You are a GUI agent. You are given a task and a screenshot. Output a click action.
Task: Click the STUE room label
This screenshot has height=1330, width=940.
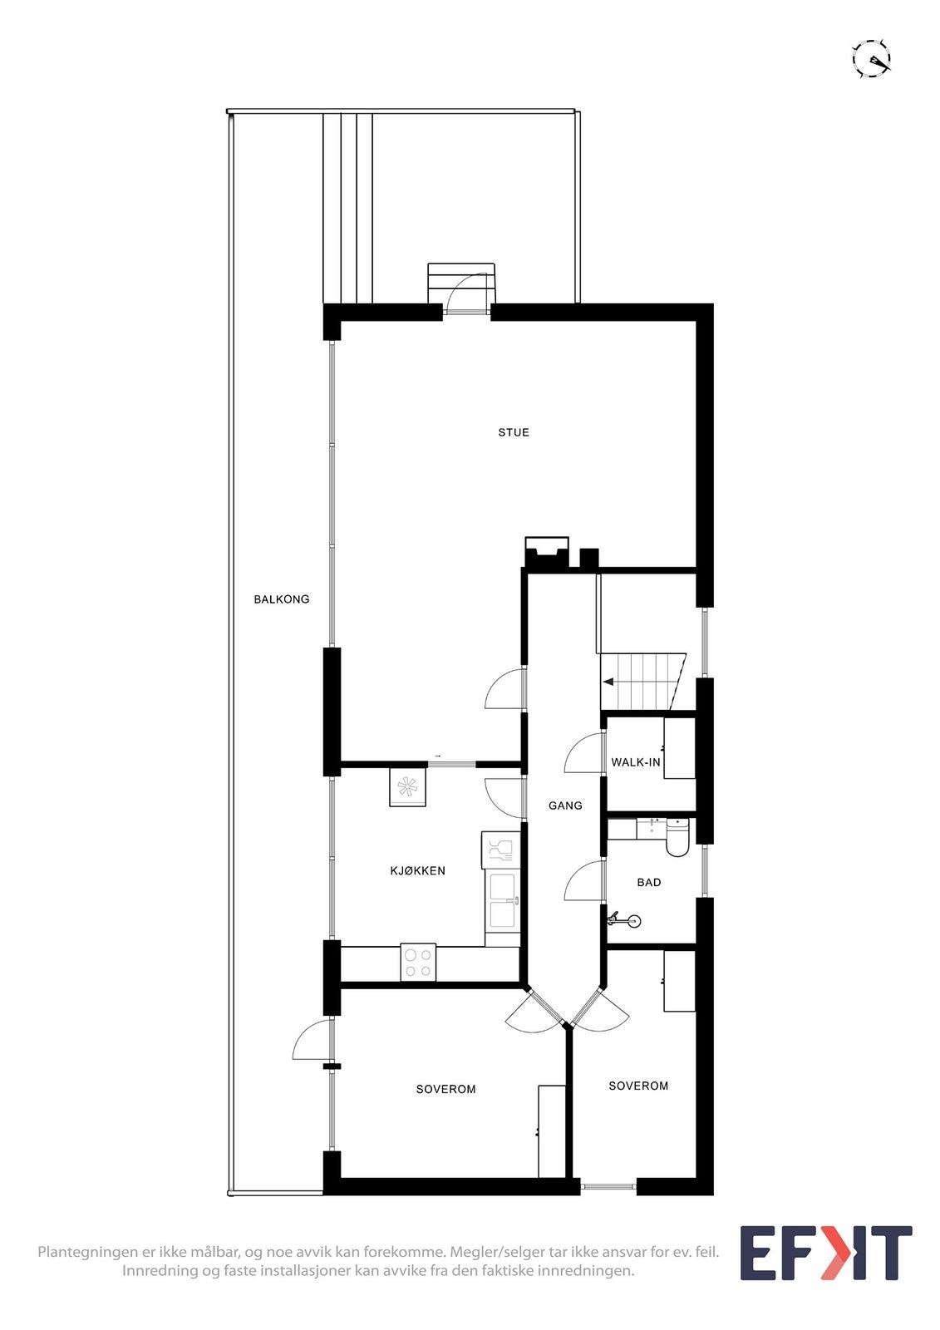click(x=513, y=432)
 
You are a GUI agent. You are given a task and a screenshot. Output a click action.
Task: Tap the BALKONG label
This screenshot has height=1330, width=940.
click(x=281, y=598)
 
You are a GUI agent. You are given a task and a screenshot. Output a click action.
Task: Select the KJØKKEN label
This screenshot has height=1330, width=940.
click(x=417, y=871)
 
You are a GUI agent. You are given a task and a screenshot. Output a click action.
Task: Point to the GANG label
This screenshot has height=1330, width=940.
click(x=565, y=805)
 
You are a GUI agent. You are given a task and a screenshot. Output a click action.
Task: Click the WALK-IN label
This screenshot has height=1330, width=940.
click(x=635, y=762)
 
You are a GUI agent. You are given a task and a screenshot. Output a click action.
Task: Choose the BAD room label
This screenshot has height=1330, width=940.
click(x=648, y=882)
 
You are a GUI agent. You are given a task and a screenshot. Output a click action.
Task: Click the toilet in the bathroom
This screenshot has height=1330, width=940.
click(x=677, y=838)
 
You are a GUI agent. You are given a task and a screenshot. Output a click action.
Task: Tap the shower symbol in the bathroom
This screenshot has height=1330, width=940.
click(x=633, y=920)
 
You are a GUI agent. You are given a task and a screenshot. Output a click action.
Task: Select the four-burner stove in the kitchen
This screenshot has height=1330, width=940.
click(x=418, y=963)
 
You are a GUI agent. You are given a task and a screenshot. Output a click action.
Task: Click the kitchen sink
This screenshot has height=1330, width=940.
click(x=503, y=899)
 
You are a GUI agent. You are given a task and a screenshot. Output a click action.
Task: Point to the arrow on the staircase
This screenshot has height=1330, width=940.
click(x=609, y=682)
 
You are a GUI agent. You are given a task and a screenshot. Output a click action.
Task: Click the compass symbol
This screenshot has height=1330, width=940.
click(x=872, y=59)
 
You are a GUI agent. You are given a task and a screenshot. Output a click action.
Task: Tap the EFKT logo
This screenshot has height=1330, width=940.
click(x=825, y=1253)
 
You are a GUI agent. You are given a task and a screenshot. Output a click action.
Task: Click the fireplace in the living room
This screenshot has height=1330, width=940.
click(x=547, y=552)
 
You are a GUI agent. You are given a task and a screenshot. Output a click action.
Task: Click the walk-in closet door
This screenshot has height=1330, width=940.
click(x=583, y=754)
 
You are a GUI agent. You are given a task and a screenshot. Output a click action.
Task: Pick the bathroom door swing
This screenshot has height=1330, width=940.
click(x=583, y=881)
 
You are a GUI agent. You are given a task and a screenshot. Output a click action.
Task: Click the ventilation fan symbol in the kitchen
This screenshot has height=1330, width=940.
click(x=407, y=786)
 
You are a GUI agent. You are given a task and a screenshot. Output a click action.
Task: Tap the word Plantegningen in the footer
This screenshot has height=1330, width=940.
click(x=87, y=1252)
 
